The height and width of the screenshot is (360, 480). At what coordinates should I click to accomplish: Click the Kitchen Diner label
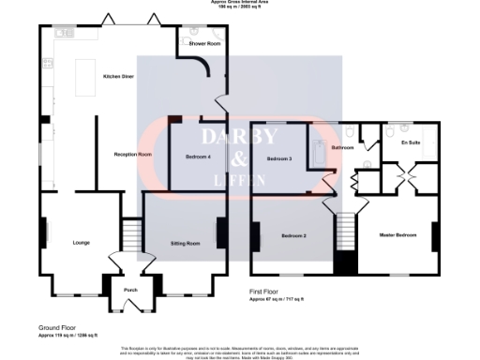118,77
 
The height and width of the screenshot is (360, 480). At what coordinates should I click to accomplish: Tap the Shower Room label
204,44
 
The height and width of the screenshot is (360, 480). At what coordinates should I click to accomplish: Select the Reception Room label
133,154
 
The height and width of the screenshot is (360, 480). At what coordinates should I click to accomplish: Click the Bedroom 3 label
280,159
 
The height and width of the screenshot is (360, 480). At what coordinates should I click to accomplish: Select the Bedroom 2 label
294,235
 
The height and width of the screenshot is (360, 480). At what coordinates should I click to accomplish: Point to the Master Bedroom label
397,235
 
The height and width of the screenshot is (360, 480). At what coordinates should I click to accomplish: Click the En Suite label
410,142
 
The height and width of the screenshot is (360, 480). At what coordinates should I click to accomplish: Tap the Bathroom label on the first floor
342,147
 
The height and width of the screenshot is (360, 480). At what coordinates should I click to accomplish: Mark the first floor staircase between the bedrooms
346,229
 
